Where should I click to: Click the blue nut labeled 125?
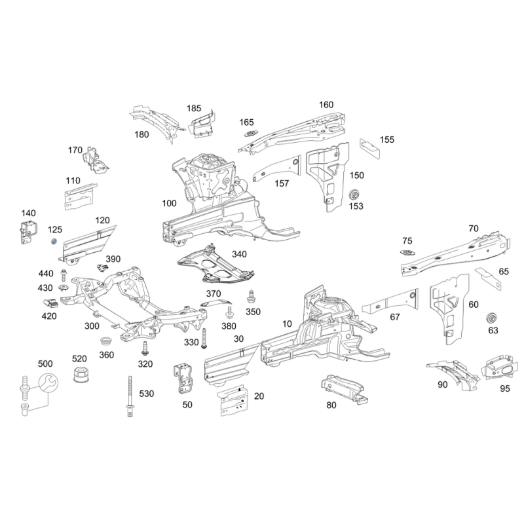(54, 241)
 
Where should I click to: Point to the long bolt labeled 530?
(130, 396)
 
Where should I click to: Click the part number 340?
(239, 254)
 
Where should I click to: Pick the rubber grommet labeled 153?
(354, 195)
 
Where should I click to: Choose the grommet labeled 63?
(491, 318)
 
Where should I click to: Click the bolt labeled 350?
(251, 297)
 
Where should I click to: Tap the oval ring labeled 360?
(106, 342)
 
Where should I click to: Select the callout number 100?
(169, 203)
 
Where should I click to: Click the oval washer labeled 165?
(250, 134)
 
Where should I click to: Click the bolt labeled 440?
(64, 275)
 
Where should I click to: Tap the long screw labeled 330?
(204, 339)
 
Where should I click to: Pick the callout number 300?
(92, 326)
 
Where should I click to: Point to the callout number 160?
(326, 105)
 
